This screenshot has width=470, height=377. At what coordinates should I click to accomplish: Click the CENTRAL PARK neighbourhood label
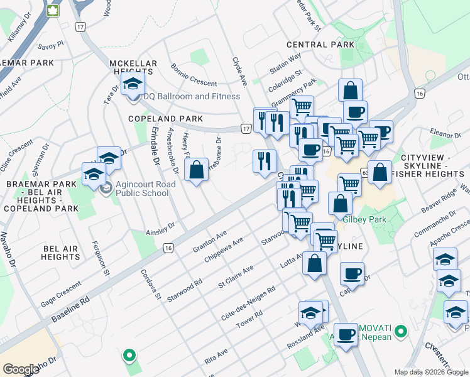coord(316,45)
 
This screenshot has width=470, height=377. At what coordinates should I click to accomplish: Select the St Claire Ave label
coord(235,277)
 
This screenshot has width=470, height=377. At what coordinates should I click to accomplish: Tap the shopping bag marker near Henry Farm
coord(196,169)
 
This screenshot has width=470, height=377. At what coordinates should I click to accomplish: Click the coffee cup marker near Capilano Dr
coord(352,273)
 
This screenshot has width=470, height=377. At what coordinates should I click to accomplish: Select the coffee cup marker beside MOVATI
coord(346,334)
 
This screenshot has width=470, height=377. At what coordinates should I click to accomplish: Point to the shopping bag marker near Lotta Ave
coord(314,263)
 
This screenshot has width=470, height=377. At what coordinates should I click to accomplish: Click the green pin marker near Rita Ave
coord(129,356)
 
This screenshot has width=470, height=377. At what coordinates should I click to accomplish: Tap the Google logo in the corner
coord(21,369)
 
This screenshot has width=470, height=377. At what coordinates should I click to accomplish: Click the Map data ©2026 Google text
coord(430,372)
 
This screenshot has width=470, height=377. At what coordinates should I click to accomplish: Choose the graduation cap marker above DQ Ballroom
coord(133,85)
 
